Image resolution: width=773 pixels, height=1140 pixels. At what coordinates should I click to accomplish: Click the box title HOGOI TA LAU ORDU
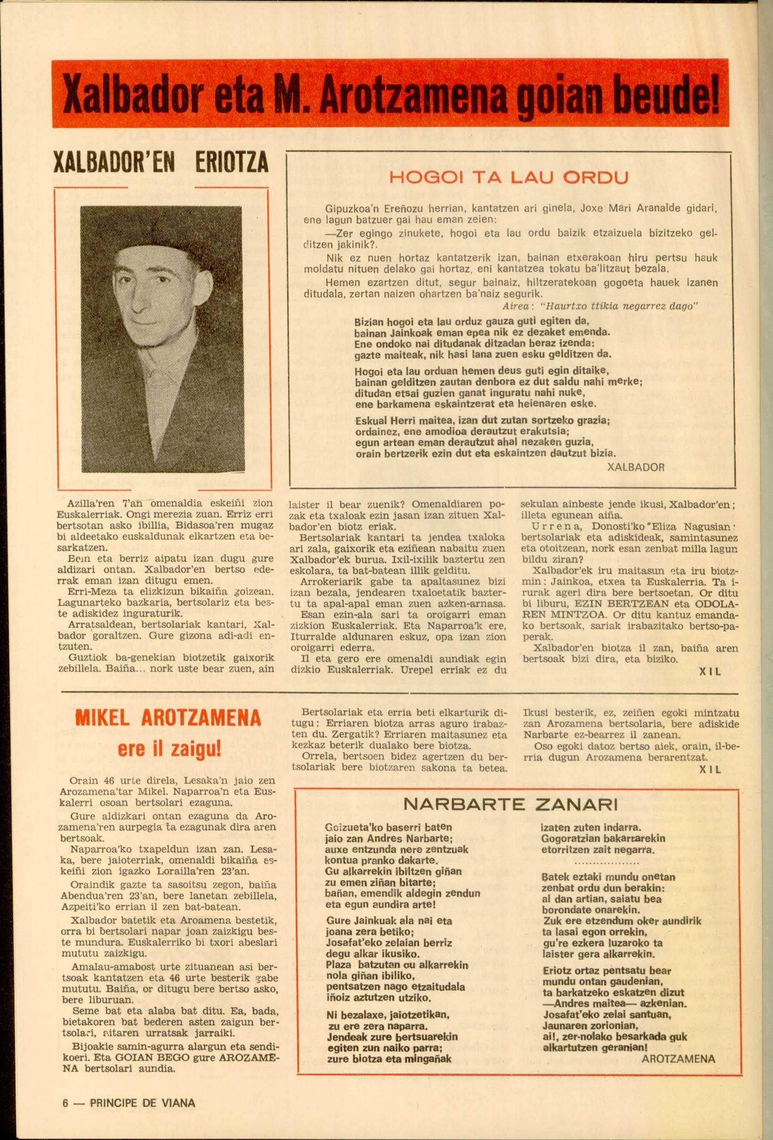click(x=509, y=177)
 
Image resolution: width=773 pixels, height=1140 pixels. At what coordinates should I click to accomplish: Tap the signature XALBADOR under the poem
click(x=635, y=467)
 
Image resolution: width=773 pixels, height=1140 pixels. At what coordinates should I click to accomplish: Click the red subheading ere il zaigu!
click(x=169, y=749)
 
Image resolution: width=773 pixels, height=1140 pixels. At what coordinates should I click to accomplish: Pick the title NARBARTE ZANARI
click(x=510, y=804)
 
